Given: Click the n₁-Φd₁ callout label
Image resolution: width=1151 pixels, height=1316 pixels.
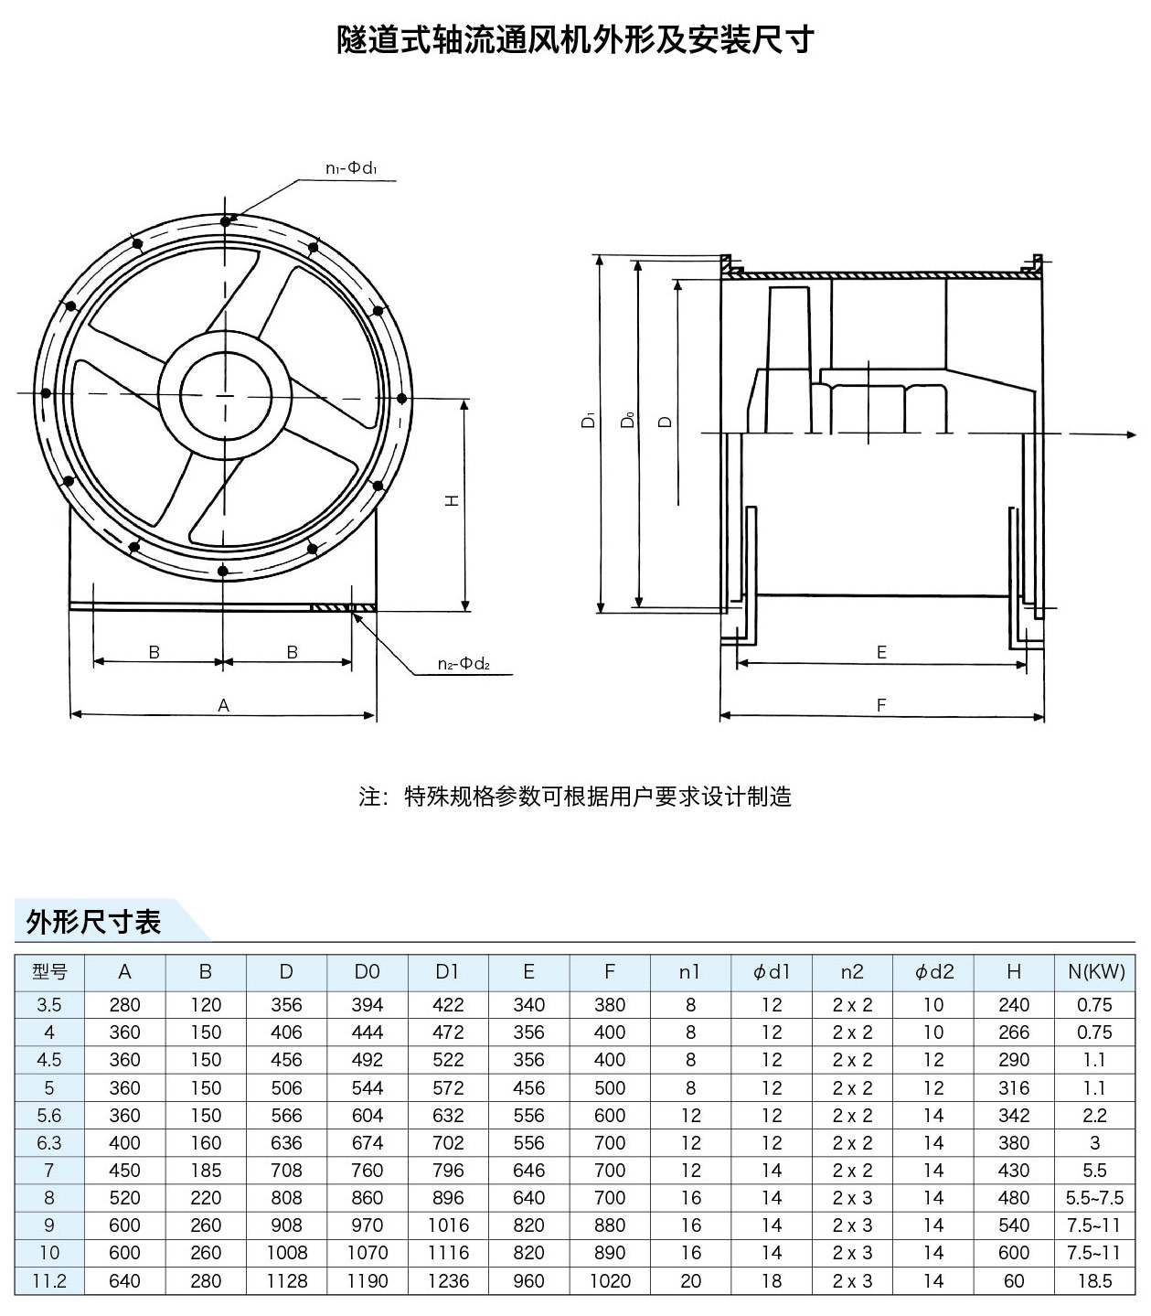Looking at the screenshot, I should click(x=351, y=168).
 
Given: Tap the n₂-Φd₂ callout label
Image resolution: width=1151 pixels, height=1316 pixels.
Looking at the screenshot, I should click(x=463, y=664).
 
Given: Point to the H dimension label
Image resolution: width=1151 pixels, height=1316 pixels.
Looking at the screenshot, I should click(x=452, y=500).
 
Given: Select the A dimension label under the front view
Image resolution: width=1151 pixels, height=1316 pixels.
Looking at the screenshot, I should click(x=223, y=705).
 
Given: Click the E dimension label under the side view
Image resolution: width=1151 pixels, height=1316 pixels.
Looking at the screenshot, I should click(x=881, y=652).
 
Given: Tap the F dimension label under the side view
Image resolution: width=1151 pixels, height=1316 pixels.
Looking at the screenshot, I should click(x=881, y=705).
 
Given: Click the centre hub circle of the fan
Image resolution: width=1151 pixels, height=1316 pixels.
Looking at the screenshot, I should click(x=226, y=395).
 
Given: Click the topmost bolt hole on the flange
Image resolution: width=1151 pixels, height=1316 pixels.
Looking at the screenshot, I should click(x=225, y=220).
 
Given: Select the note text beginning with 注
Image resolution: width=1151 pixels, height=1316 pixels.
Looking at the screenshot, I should click(x=575, y=797).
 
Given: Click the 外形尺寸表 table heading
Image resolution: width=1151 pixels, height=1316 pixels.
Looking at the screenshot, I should click(x=94, y=922).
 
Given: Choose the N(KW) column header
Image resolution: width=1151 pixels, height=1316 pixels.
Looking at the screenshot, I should click(x=1095, y=972).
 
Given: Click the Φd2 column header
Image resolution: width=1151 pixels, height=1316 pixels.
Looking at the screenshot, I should click(x=933, y=972).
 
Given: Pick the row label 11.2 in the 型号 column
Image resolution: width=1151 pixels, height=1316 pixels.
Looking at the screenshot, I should click(x=49, y=1280).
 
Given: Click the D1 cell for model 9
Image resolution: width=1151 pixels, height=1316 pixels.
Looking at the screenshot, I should click(x=448, y=1225).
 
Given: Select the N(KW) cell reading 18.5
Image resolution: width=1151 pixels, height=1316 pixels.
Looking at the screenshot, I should click(x=1094, y=1280).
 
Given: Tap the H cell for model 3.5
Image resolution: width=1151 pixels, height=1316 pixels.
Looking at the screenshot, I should click(x=1014, y=1005).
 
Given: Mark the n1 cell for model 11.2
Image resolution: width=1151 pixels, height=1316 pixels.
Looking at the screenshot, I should click(x=690, y=1280).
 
